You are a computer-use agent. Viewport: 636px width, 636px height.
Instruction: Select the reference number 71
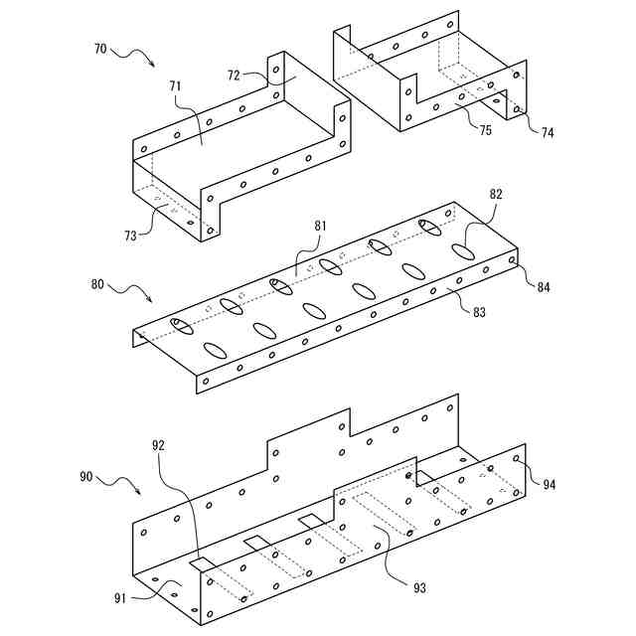[x=175, y=88]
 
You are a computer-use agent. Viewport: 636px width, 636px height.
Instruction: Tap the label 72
[x=235, y=76]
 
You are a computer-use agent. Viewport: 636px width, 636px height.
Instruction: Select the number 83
[x=479, y=312]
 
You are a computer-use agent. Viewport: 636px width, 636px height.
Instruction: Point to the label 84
[x=542, y=287]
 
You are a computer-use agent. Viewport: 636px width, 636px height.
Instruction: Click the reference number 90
[x=86, y=476]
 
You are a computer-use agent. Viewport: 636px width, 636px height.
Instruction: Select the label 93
[x=419, y=588]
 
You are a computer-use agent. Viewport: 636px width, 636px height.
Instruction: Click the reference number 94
[x=549, y=483]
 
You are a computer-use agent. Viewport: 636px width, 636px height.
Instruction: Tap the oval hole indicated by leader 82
[x=465, y=250]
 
